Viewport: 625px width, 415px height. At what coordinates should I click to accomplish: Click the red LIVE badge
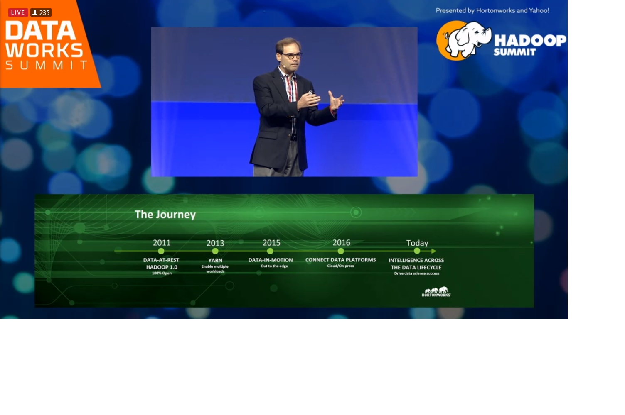coord(18,12)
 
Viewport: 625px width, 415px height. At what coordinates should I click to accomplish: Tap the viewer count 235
coord(41,12)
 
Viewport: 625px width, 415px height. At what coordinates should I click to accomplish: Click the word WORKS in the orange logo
coord(44,50)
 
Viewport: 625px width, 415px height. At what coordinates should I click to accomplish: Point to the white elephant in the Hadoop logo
coord(468,39)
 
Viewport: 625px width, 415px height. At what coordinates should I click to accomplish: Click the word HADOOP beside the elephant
coord(530,41)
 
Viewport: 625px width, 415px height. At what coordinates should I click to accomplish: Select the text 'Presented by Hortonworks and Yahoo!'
coord(492,11)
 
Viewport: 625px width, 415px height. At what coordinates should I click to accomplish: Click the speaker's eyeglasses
coord(291,55)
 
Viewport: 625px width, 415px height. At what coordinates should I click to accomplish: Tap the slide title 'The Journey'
coord(165,214)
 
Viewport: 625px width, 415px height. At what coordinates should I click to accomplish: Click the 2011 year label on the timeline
coord(162,243)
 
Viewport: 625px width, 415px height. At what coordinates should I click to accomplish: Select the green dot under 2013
coord(215,251)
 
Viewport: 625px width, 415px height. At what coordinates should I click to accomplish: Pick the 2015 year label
coord(271,243)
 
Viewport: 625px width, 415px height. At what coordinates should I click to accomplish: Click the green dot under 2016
coord(341,251)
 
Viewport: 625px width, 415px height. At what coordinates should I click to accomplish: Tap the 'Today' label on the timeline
coord(417,243)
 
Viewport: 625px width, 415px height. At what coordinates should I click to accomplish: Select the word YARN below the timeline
coord(215,260)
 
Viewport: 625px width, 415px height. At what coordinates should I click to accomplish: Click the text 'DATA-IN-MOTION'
coord(271,260)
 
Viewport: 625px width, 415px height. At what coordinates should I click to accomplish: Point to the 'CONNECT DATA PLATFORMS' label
coord(340,260)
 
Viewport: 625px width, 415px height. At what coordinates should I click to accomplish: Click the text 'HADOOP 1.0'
coord(162,267)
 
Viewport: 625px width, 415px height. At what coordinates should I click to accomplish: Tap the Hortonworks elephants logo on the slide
coord(436,291)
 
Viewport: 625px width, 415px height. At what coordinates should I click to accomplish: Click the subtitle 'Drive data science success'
coord(416,273)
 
